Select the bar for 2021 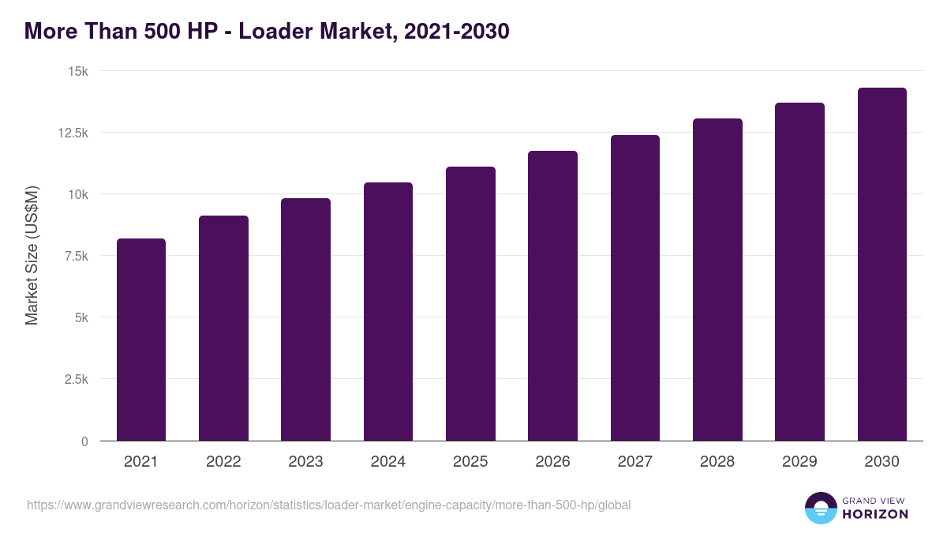pyautogui.click(x=141, y=340)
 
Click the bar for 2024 pyautogui.click(x=388, y=312)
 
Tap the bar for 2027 pyautogui.click(x=635, y=288)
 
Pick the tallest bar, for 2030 pyautogui.click(x=881, y=265)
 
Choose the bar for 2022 pyautogui.click(x=223, y=328)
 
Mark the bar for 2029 pyautogui.click(x=799, y=272)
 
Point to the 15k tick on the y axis pyautogui.click(x=77, y=71)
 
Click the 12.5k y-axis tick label pyautogui.click(x=73, y=133)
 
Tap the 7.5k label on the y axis pyautogui.click(x=76, y=256)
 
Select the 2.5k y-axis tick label pyautogui.click(x=76, y=379)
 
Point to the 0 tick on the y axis pyautogui.click(x=84, y=441)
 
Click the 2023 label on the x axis pyautogui.click(x=305, y=462)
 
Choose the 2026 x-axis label pyautogui.click(x=552, y=462)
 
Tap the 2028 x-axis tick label pyautogui.click(x=717, y=462)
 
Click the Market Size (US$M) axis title pyautogui.click(x=32, y=255)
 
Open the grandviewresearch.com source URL pyautogui.click(x=329, y=505)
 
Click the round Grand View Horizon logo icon pyautogui.click(x=820, y=508)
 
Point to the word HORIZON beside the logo pyautogui.click(x=875, y=514)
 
